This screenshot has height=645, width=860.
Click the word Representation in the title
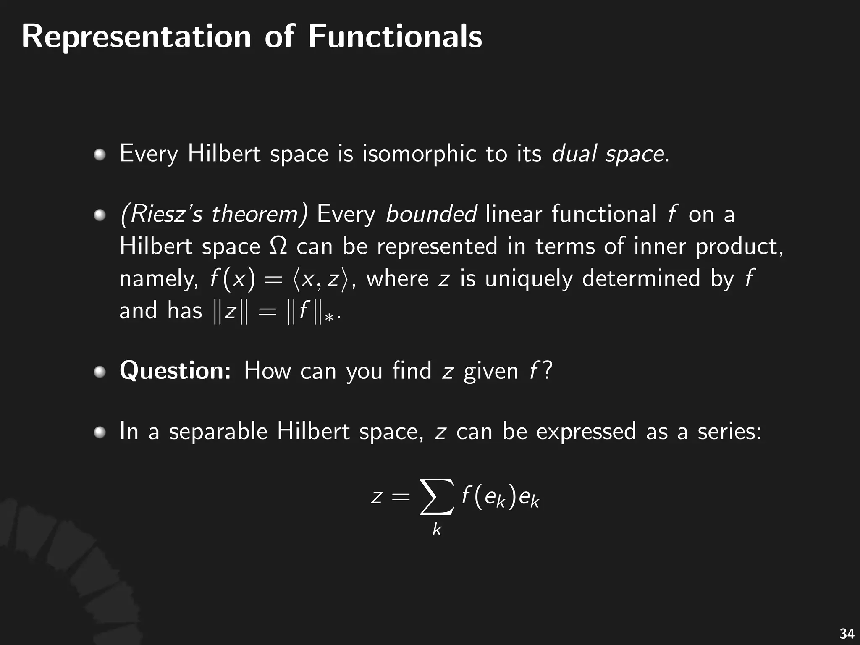click(136, 37)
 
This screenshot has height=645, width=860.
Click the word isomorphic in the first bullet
click(420, 153)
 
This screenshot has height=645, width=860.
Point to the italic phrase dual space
click(608, 154)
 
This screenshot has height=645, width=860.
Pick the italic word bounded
click(431, 214)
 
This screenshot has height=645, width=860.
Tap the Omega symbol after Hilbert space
click(278, 246)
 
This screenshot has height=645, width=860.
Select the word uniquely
click(529, 279)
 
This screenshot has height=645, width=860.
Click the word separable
click(218, 431)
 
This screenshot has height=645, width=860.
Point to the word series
click(729, 431)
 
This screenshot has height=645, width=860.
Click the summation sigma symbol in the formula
click(437, 496)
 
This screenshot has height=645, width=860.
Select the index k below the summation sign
click(437, 530)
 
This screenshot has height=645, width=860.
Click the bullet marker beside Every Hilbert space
click(100, 155)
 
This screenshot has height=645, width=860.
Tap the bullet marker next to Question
click(100, 372)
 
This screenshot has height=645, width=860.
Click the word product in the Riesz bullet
click(739, 246)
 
